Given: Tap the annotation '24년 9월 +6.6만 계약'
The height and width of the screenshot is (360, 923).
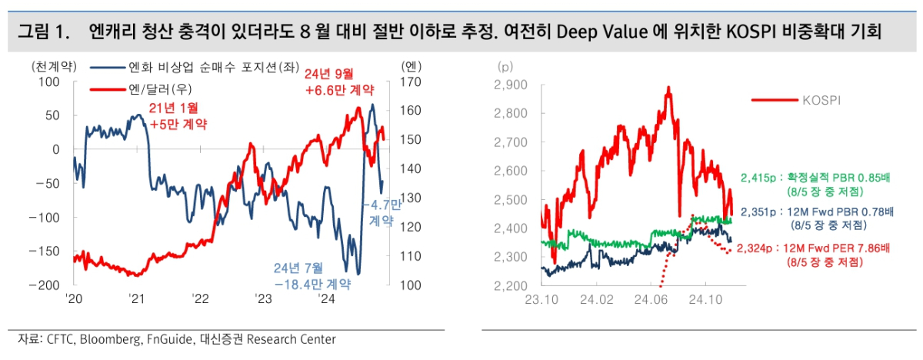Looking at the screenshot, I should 329,81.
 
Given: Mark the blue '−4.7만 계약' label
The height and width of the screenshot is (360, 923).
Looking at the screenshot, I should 382,212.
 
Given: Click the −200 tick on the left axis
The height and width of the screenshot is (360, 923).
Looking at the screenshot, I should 45,285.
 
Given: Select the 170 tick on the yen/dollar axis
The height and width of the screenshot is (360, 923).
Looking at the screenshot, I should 412,82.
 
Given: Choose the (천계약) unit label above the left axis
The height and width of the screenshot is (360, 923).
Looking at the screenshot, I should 54,65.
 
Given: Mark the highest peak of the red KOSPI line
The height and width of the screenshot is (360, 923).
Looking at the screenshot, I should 668,88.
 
